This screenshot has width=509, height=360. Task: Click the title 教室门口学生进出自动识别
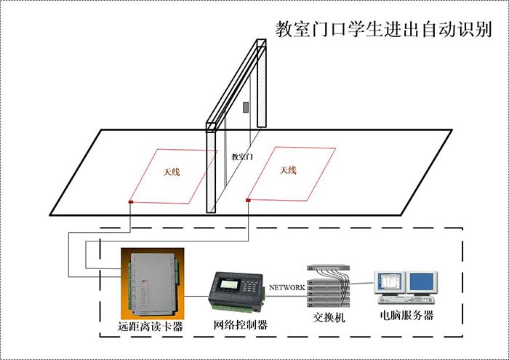[384, 30]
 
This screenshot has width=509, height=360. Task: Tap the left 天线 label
[171, 172]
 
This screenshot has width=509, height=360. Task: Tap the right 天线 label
[288, 170]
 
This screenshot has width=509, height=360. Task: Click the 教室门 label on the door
[241, 156]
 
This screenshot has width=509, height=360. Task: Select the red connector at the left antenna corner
[131, 201]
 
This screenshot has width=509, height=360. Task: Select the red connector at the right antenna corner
[248, 199]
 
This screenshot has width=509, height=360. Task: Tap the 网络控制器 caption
[240, 325]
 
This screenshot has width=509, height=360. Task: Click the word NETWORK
[287, 287]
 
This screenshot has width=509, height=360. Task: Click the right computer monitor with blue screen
[422, 282]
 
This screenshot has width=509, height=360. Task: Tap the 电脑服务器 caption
[406, 316]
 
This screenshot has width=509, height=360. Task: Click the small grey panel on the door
[246, 108]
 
